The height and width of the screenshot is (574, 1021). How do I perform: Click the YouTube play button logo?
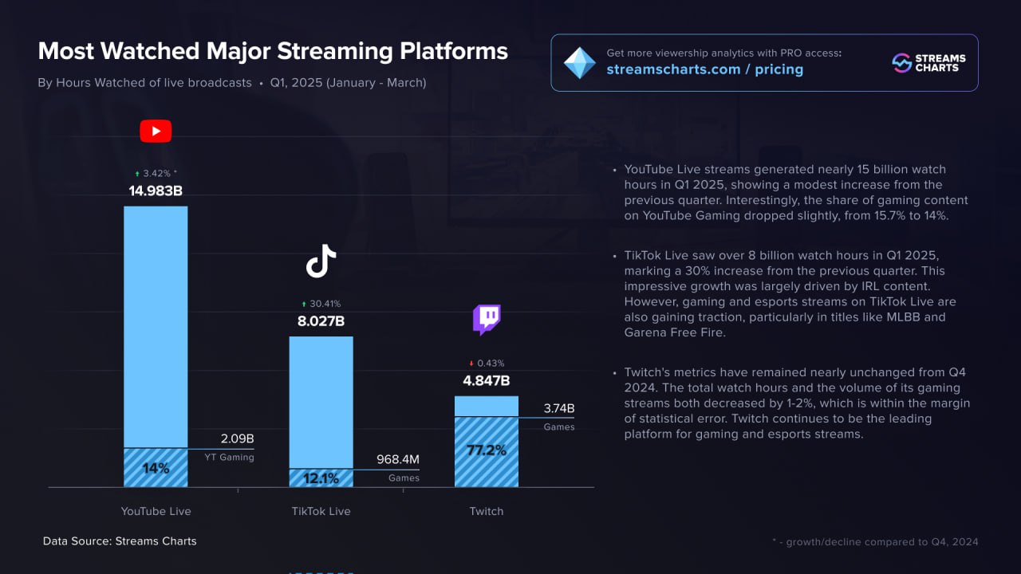pyautogui.click(x=156, y=131)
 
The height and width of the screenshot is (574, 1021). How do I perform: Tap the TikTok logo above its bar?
pyautogui.click(x=321, y=261)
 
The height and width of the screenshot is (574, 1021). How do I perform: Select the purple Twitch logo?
pyautogui.click(x=487, y=320)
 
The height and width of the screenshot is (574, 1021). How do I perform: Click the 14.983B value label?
pyautogui.click(x=156, y=191)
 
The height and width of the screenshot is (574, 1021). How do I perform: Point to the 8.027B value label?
pyautogui.click(x=321, y=321)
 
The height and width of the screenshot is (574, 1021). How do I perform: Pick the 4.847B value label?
pyautogui.click(x=487, y=381)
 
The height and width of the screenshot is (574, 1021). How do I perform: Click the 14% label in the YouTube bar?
pyautogui.click(x=156, y=468)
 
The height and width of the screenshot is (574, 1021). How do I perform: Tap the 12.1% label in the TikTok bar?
pyautogui.click(x=321, y=478)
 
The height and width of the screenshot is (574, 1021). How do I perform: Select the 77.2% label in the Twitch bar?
pyautogui.click(x=487, y=450)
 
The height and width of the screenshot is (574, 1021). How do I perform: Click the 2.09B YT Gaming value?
pyautogui.click(x=237, y=439)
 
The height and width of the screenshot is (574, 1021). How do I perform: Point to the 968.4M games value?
pyautogui.click(x=397, y=460)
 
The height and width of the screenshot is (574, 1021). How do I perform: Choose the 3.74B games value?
pyautogui.click(x=559, y=409)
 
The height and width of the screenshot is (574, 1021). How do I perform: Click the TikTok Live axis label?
pyautogui.click(x=321, y=511)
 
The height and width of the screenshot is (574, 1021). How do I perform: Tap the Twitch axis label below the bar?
pyautogui.click(x=487, y=511)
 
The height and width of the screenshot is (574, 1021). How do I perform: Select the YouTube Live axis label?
pyautogui.click(x=156, y=511)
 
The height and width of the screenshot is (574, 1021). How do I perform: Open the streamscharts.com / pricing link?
pyautogui.click(x=704, y=69)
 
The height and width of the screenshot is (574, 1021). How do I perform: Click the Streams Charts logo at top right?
pyautogui.click(x=928, y=63)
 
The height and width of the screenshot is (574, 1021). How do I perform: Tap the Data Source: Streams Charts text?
pyautogui.click(x=120, y=541)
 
